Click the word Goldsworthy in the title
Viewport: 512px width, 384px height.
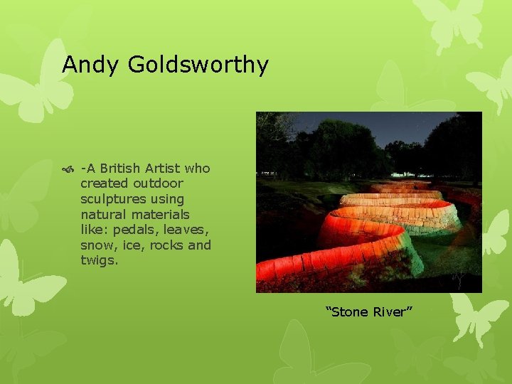(198, 65)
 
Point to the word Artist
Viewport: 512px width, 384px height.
(163, 169)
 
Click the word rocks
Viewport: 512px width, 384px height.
(166, 245)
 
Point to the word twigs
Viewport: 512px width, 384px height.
(98, 260)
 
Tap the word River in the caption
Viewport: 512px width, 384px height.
(392, 311)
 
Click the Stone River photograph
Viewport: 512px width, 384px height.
(368, 202)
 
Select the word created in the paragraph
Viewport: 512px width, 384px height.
(105, 183)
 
